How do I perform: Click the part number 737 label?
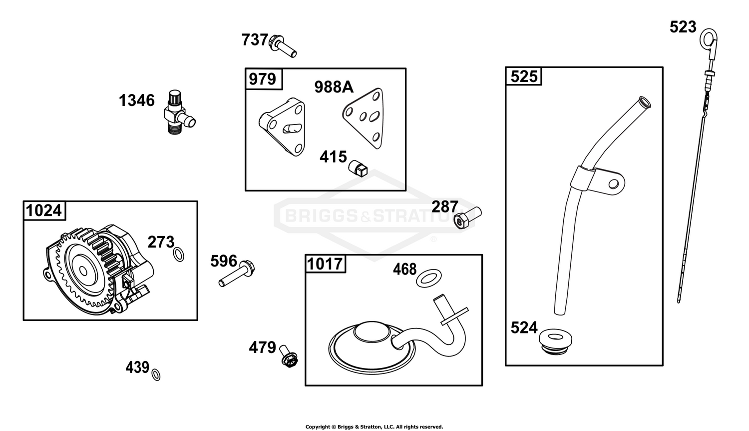255,39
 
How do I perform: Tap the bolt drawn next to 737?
283,46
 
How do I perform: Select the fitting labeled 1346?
179,112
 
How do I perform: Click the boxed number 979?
263,79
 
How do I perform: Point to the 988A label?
334,87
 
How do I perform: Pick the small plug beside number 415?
358,168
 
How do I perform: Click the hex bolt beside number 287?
468,217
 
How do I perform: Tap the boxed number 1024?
44,210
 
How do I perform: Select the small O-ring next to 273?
179,254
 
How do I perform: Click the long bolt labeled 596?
236,273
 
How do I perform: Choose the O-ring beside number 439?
156,374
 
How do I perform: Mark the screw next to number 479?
288,356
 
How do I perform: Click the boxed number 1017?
325,264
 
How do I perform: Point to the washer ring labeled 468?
428,278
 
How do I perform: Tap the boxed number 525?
524,76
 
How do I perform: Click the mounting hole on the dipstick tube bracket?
614,183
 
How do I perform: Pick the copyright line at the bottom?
374,426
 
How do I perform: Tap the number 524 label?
524,327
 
